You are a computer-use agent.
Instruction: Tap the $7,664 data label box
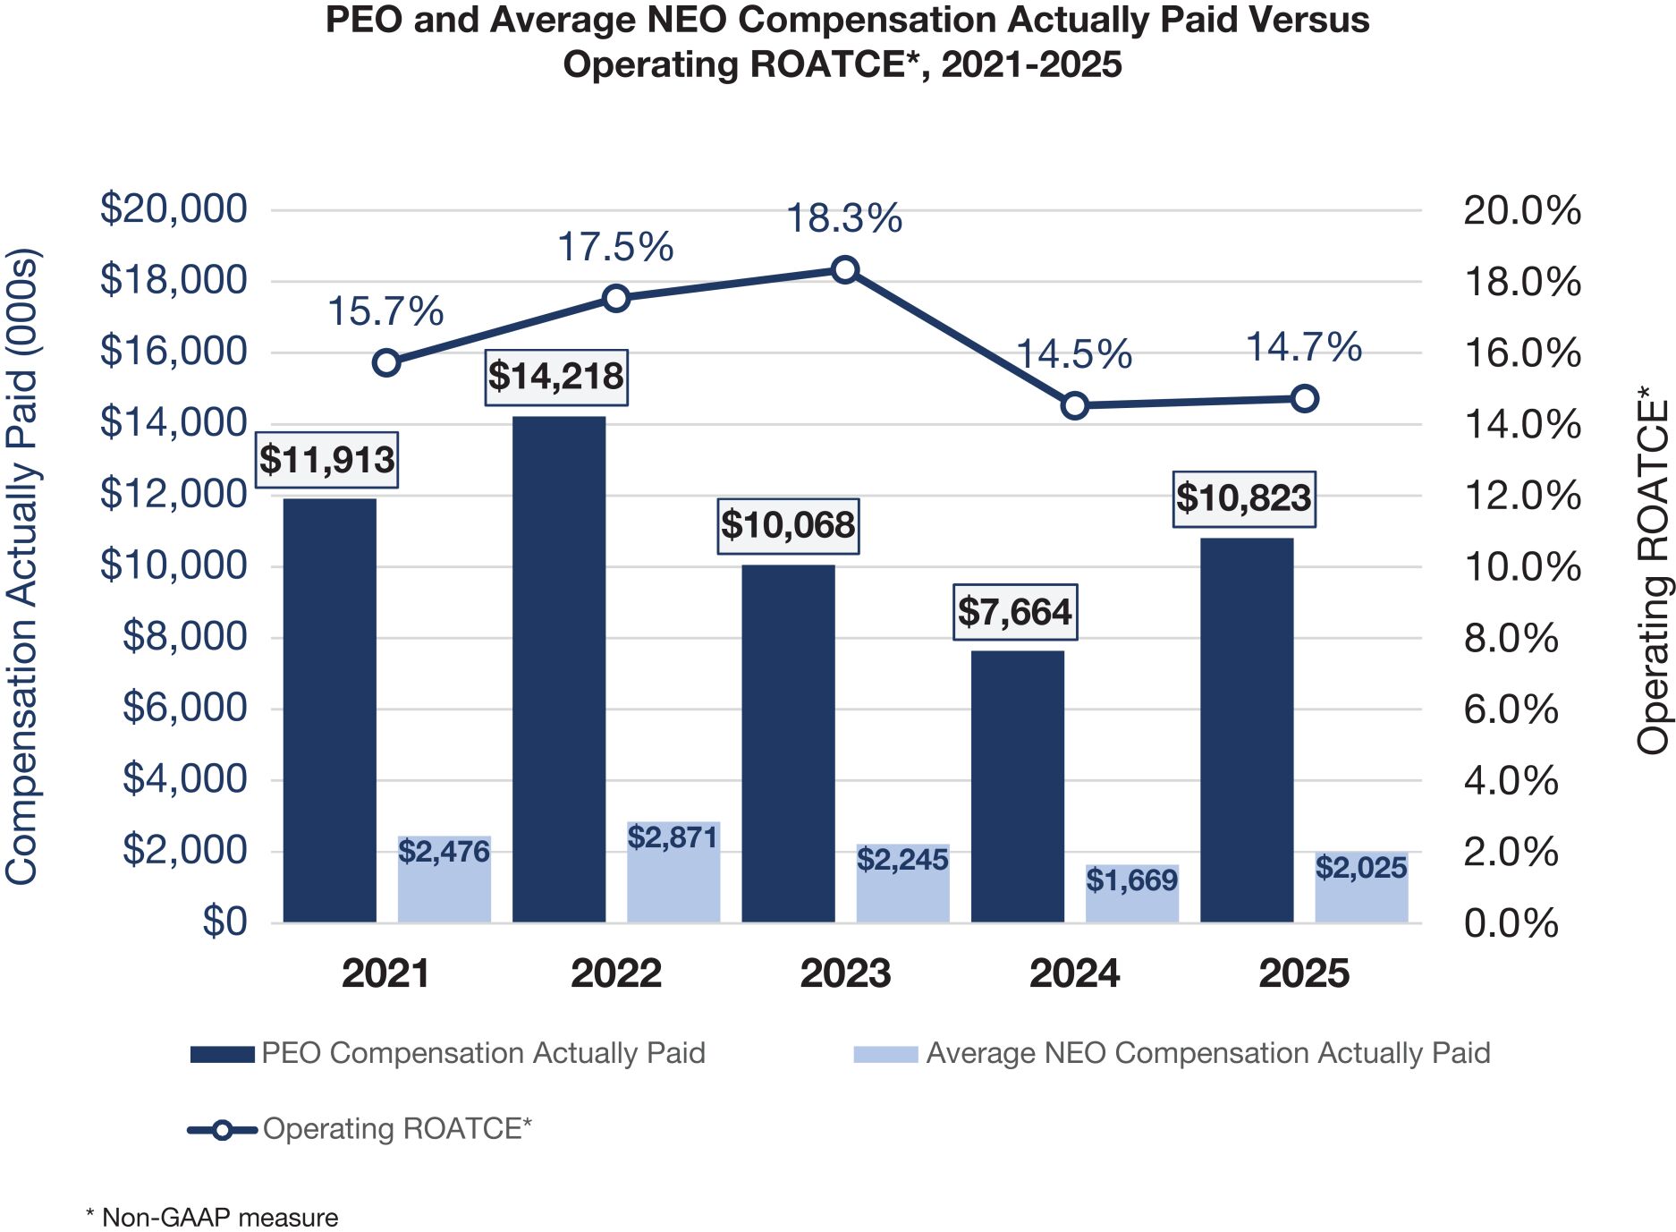point(1015,612)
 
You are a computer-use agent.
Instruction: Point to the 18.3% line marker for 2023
point(845,269)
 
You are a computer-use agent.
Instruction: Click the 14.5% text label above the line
point(1074,354)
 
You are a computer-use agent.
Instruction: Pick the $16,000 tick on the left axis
point(174,351)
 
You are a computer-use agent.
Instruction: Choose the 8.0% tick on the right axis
point(1511,639)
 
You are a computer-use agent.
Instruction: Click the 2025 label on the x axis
point(1304,973)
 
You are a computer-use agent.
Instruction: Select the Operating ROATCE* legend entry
point(397,1129)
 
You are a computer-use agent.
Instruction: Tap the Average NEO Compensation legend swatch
point(885,1054)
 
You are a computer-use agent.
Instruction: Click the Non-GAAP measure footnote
point(212,1218)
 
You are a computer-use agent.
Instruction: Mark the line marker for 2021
point(386,362)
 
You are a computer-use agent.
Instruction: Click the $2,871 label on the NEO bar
point(673,837)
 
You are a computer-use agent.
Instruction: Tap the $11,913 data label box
point(327,460)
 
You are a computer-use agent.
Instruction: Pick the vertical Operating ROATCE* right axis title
point(1653,570)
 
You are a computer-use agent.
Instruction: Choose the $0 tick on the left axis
point(224,922)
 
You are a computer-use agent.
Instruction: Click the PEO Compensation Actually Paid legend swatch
point(222,1054)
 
